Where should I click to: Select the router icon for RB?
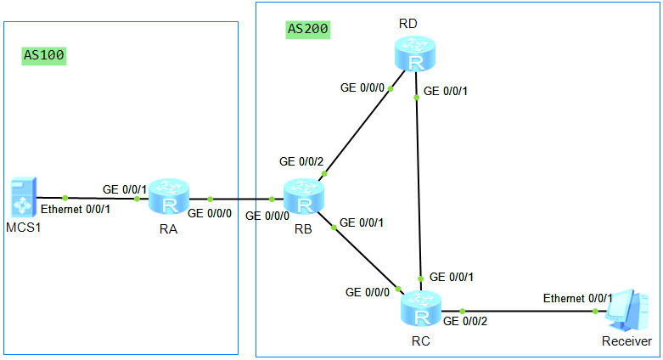305,198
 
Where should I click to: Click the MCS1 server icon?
20,197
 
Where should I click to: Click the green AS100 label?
44,56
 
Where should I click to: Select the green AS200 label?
308,29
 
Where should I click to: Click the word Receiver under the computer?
626,341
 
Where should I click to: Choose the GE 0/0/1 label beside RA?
125,188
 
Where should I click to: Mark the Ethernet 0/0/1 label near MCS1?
76,209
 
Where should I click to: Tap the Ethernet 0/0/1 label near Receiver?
578,298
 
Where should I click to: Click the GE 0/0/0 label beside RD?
362,87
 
